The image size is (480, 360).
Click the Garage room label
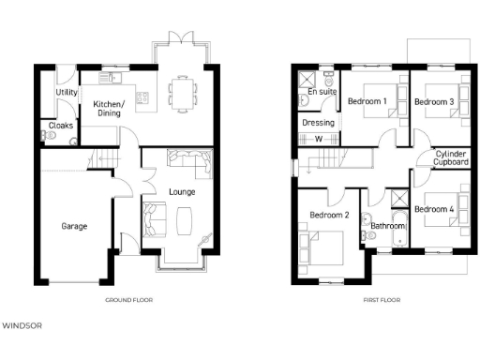75,227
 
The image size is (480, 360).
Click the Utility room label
66,93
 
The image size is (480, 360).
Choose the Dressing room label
316,123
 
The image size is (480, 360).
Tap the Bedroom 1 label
367,101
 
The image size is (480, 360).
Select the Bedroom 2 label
329,216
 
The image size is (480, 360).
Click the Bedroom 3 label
434,101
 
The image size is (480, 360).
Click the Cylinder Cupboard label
451,157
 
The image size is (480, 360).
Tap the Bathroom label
387,226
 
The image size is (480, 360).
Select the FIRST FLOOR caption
382,300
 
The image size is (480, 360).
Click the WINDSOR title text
22,326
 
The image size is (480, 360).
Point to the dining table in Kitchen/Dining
183,92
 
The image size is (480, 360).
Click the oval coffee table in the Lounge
182,220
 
